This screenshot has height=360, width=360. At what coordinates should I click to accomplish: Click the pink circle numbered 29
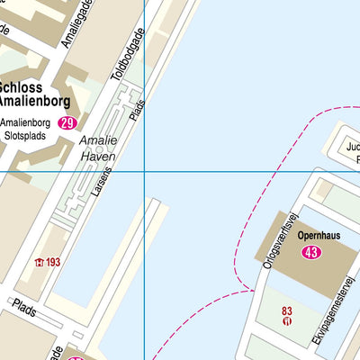[67, 123]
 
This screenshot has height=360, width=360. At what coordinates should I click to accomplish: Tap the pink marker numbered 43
[312, 252]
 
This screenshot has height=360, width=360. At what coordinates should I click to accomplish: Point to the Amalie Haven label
[99, 148]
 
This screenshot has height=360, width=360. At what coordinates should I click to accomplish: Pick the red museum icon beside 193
[39, 263]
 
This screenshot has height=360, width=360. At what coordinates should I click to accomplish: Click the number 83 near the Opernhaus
[287, 311]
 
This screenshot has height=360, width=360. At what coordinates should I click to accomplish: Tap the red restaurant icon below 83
[287, 322]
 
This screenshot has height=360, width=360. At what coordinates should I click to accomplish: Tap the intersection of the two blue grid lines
[145, 171]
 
